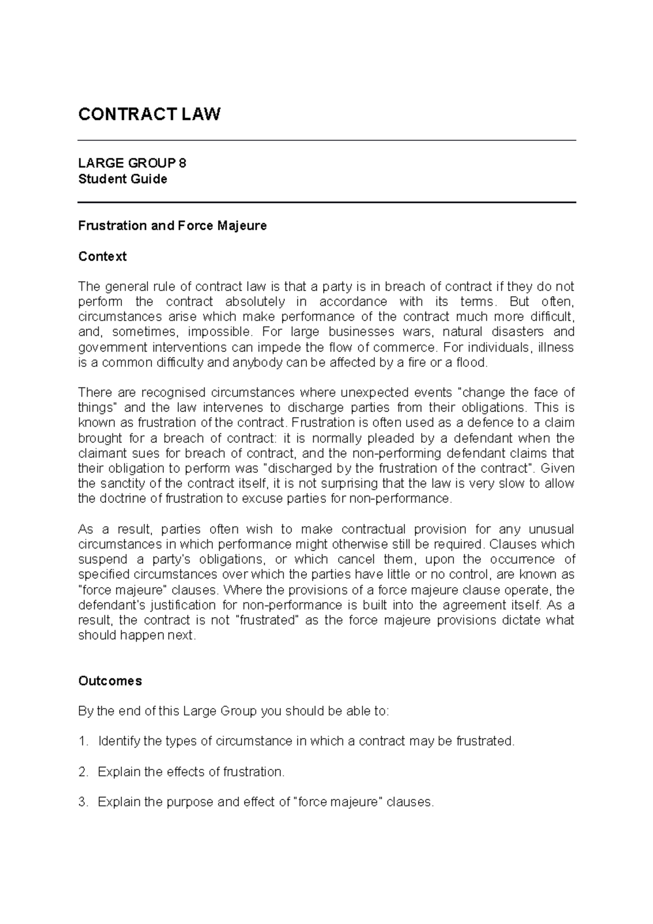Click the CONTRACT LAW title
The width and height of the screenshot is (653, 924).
click(x=149, y=114)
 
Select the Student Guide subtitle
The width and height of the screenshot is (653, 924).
click(x=122, y=179)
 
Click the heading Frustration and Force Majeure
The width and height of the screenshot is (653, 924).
click(x=173, y=226)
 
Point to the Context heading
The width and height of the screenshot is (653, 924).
click(x=102, y=256)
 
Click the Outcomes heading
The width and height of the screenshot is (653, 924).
click(x=110, y=681)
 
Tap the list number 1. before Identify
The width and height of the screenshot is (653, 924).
click(x=83, y=741)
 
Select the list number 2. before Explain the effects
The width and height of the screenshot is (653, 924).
click(x=83, y=772)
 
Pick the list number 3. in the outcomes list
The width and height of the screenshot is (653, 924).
click(x=83, y=802)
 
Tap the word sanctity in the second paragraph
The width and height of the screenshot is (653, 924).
click(x=121, y=484)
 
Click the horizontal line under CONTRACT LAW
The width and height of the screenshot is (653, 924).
click(x=326, y=140)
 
